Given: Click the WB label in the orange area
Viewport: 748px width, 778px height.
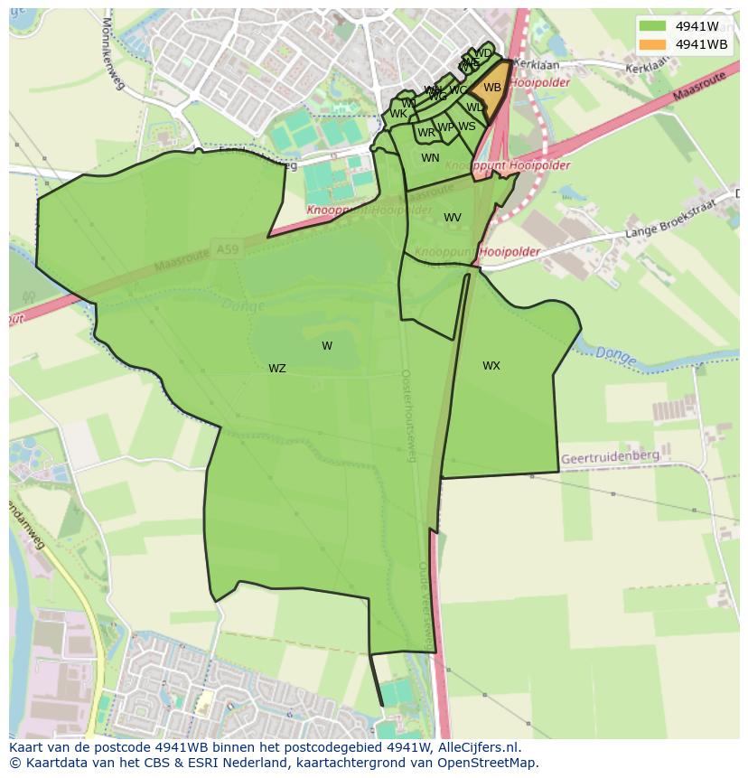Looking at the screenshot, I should tap(492, 88).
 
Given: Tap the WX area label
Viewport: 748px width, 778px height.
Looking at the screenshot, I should tap(491, 366).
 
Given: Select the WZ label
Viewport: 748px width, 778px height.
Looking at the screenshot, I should tap(277, 369).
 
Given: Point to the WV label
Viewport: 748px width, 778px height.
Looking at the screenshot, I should tap(453, 218).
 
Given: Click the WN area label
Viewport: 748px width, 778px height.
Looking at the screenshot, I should tap(430, 158).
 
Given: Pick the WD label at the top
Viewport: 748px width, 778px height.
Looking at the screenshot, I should tap(483, 53).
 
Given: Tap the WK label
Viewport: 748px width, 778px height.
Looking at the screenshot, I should tap(397, 114).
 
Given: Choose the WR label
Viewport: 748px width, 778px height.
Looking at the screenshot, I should tap(426, 133).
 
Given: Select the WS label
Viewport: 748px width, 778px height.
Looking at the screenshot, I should tap(466, 127).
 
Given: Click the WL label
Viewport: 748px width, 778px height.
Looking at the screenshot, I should tap(474, 108).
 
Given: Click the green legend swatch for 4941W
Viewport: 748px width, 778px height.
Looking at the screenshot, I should tap(652, 26).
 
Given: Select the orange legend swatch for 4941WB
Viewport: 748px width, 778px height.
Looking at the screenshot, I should tap(652, 44).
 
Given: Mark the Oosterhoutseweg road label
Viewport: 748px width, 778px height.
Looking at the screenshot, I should tap(407, 416).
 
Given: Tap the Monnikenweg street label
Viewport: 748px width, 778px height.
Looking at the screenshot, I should tap(114, 53).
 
